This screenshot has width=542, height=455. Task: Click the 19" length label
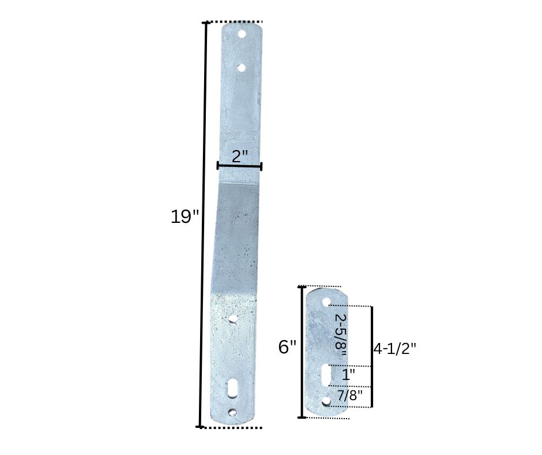click(x=185, y=217)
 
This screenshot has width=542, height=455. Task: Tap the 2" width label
click(x=240, y=156)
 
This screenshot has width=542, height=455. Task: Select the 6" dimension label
click(x=287, y=347)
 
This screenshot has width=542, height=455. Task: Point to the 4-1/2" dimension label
click(x=395, y=348)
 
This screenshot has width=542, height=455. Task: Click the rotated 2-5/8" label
click(x=341, y=335)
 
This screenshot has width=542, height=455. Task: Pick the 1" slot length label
click(x=348, y=375)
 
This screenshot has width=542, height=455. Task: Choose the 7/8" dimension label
click(x=350, y=395)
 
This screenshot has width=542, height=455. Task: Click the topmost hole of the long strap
click(x=242, y=34)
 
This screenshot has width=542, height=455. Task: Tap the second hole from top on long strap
click(x=241, y=68)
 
